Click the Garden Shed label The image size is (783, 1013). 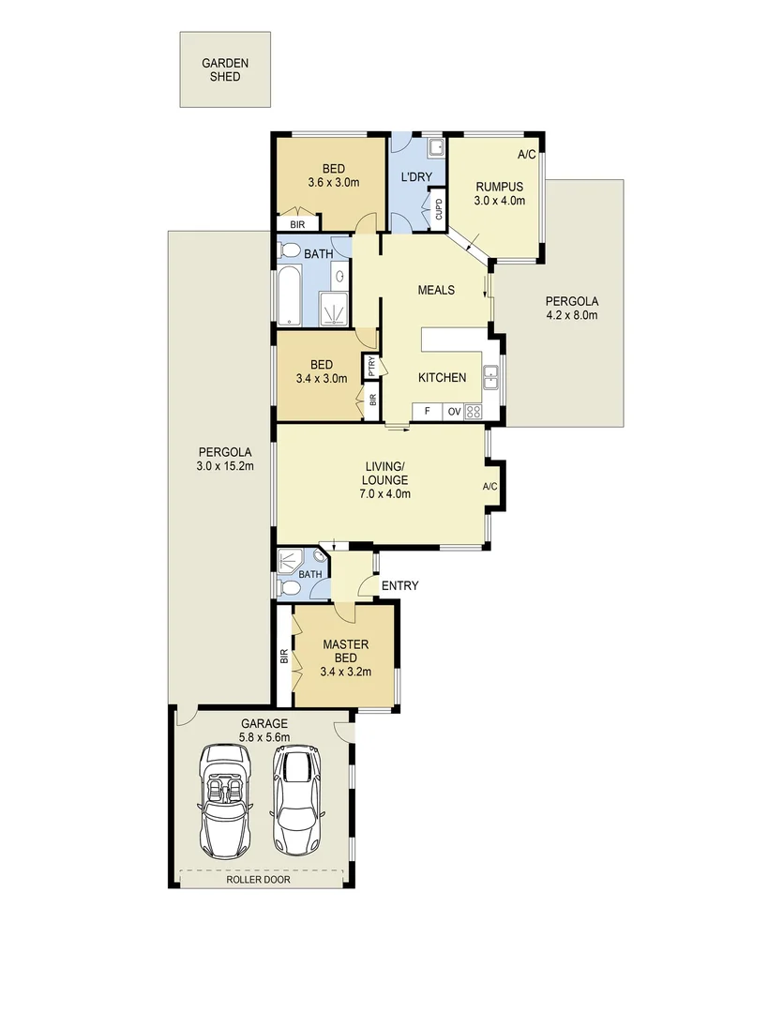[225, 69]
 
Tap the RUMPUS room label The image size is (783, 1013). [498, 186]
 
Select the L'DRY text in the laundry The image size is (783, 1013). [414, 177]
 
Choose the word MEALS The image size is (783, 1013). [435, 290]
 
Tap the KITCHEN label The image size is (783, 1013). [442, 377]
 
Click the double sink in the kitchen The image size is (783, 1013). [490, 377]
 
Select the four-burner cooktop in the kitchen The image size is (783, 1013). [473, 411]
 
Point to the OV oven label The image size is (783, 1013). [453, 411]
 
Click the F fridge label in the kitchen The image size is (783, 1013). [427, 411]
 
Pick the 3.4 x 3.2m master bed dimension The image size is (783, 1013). [346, 672]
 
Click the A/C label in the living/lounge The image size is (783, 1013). [489, 486]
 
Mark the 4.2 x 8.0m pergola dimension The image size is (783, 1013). [572, 315]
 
